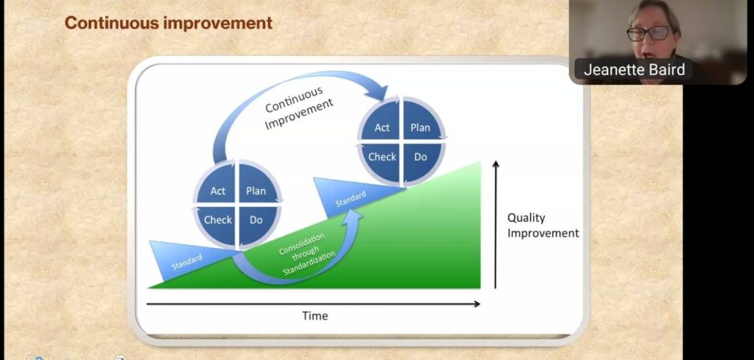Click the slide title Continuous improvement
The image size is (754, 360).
click(169, 23)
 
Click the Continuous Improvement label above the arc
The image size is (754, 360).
click(299, 108)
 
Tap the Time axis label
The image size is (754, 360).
click(315, 316)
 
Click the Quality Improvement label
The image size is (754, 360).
click(543, 225)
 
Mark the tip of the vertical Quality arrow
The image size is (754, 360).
click(496, 161)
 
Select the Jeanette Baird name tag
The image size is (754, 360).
click(634, 70)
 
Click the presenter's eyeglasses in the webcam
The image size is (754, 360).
click(650, 34)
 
